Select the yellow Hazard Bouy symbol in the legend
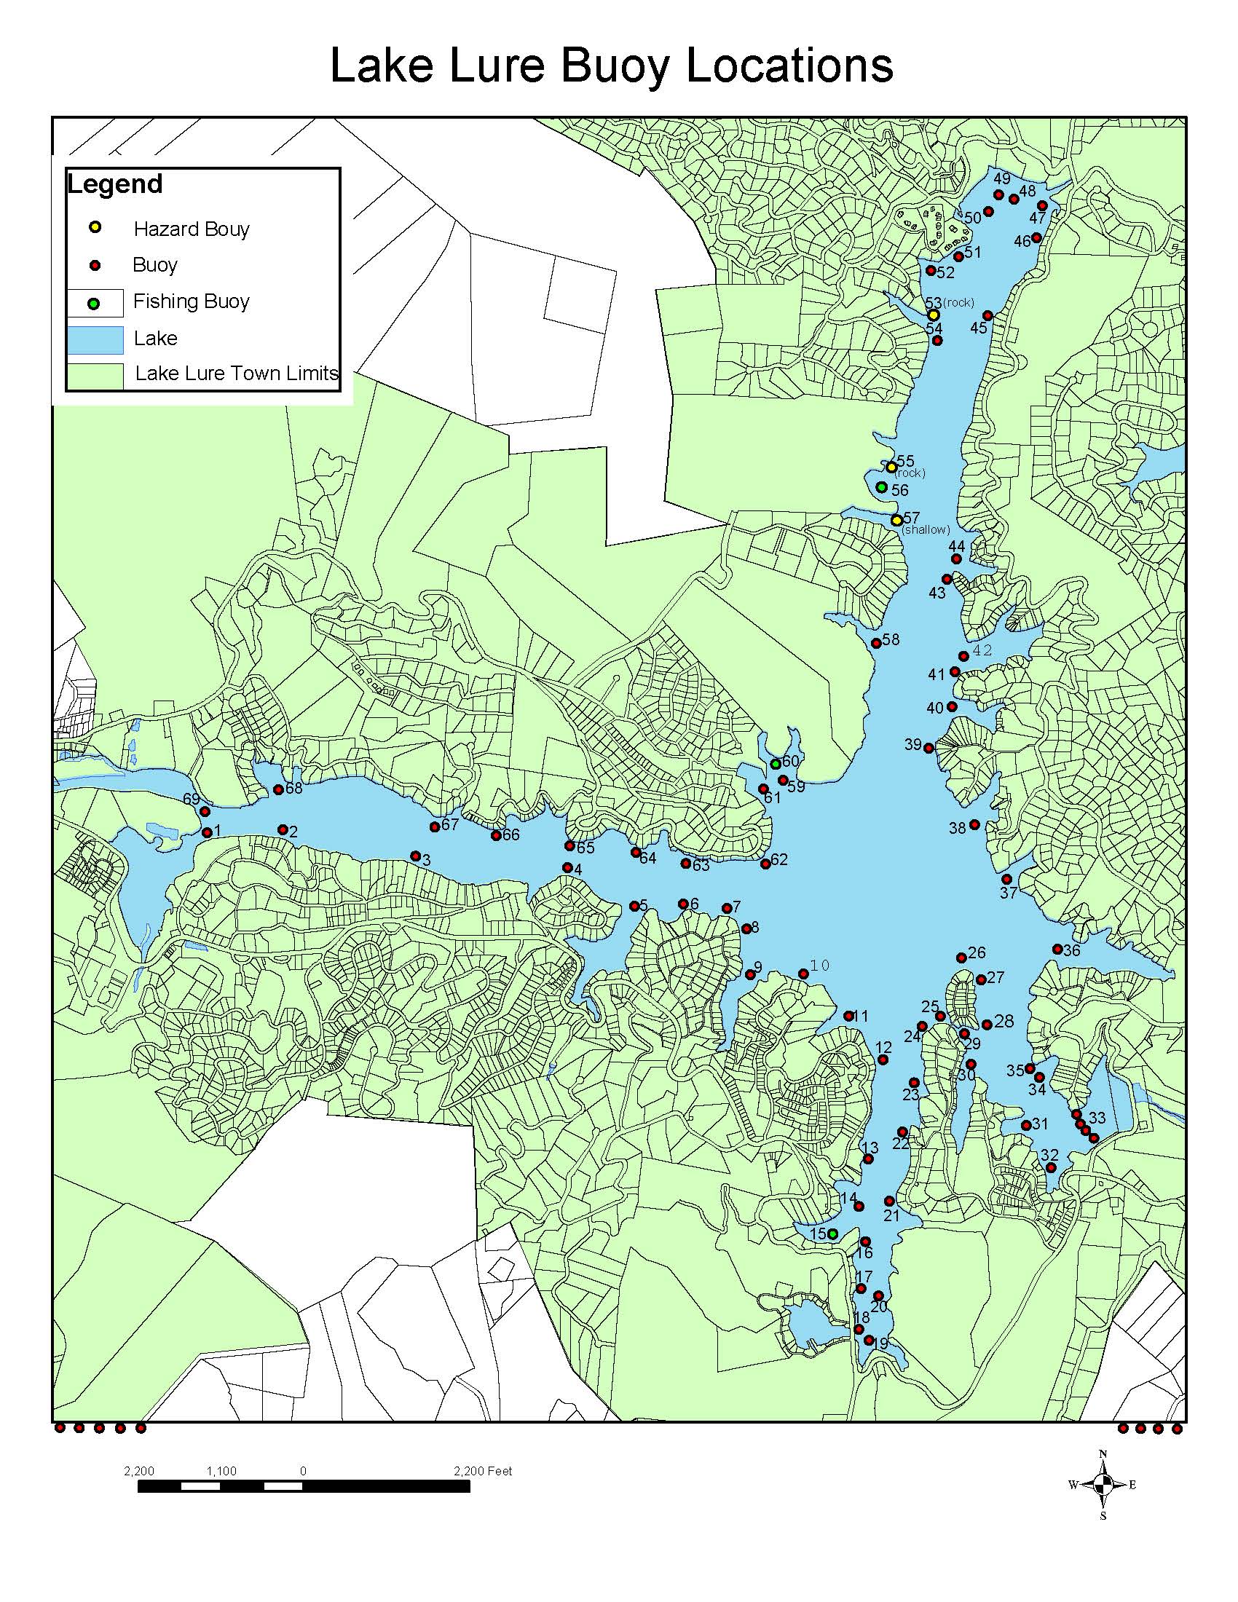tap(95, 228)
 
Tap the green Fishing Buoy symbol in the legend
tap(94, 303)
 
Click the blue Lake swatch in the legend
tap(95, 339)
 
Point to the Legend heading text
tap(114, 184)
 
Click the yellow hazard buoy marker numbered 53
tap(933, 315)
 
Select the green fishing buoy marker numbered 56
tap(882, 487)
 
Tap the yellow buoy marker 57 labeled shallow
tap(896, 520)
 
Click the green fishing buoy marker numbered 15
tap(832, 1234)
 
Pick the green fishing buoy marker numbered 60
tap(776, 765)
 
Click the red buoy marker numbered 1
tap(208, 832)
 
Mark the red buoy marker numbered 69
tap(205, 811)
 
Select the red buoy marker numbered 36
tap(1057, 948)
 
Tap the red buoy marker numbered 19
tap(869, 1340)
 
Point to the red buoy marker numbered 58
tap(875, 643)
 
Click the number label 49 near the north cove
tap(1002, 179)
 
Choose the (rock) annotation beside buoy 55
tap(910, 473)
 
